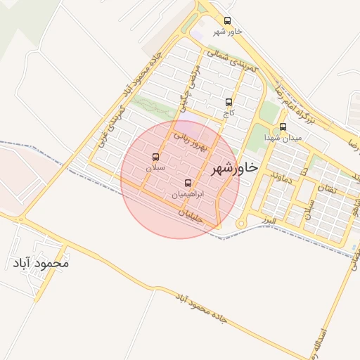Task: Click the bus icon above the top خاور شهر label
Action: point(226,20)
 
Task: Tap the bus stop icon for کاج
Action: point(228,102)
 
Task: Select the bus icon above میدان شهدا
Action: point(283,127)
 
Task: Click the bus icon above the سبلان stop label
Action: point(155,157)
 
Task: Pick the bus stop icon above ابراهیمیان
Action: point(187,183)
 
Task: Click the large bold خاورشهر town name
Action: point(234,169)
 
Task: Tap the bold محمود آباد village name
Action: point(41,264)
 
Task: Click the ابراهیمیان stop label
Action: point(188,193)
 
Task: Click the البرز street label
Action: point(267,221)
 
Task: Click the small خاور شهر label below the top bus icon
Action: point(227,32)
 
